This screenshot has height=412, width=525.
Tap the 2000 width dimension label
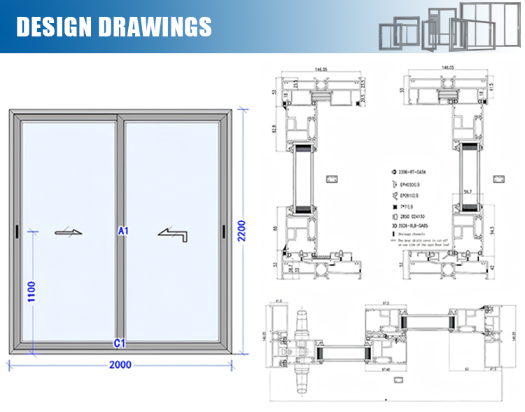[120, 365]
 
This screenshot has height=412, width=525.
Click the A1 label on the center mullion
[123, 230]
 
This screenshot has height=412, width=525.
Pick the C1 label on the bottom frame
[119, 343]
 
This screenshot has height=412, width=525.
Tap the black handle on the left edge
[16, 231]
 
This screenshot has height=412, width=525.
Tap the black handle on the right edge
[223, 231]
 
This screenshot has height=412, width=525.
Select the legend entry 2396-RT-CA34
[414, 170]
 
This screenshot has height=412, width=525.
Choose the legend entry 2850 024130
[414, 217]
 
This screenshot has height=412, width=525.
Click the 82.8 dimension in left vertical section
[276, 129]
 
